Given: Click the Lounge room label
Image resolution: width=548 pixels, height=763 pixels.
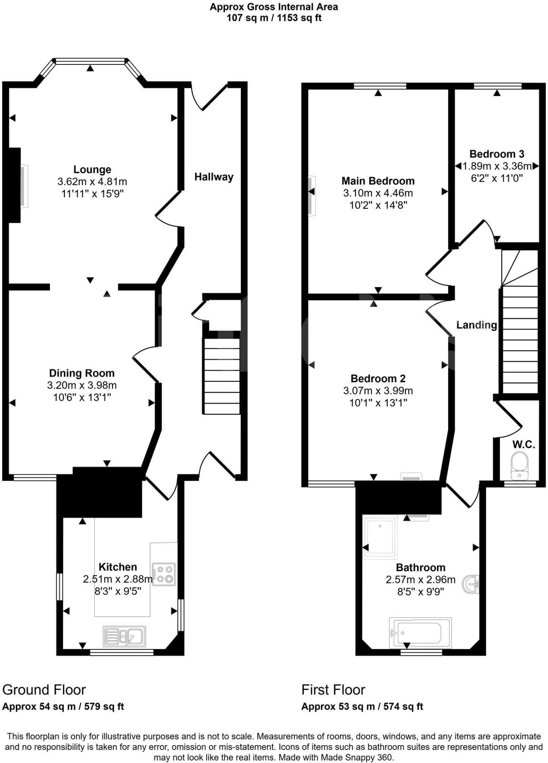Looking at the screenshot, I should coord(92,170).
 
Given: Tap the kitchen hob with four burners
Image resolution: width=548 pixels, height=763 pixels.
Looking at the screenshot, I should coord(164,574).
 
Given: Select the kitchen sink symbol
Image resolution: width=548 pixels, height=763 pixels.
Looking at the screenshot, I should coord(124,636).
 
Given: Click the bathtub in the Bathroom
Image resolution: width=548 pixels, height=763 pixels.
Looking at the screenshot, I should coord(420,633).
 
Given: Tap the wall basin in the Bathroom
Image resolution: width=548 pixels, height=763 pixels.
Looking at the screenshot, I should coord(471,584).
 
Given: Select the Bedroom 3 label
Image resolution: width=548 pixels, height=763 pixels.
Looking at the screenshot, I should coord(497,154).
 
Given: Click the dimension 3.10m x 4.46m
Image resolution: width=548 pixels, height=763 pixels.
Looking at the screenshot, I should coord(378,193).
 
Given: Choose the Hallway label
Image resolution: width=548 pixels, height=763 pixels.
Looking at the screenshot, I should coord(214,177).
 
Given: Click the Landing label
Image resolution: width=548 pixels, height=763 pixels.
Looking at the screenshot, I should coord(476,325).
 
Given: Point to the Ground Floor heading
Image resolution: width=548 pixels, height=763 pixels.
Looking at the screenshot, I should coord(44,690).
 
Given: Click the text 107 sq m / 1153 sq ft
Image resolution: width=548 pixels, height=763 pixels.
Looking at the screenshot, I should coord(274,18).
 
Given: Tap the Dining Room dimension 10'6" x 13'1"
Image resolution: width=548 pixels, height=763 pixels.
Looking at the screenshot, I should coord(82,398).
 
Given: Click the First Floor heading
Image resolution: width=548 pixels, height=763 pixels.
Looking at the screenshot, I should coord(333,690).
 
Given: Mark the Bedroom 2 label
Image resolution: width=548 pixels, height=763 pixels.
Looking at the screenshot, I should coord(378,379).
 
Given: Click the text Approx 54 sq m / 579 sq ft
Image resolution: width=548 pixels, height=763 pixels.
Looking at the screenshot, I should coord(63,706).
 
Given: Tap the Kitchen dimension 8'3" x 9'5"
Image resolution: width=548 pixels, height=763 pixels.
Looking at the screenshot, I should coord(117,591).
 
